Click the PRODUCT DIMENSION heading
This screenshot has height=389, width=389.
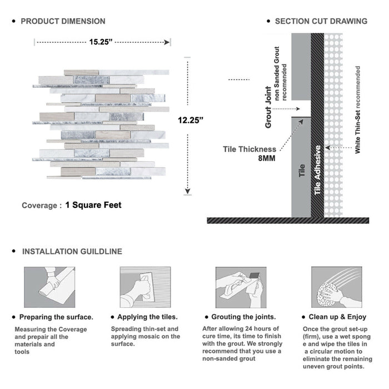63,21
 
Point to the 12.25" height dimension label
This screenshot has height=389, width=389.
191,119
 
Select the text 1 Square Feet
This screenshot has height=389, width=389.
93,205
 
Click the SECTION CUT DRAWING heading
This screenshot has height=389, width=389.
321,21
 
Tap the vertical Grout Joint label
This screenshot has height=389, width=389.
268,107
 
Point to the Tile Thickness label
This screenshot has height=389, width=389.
250,149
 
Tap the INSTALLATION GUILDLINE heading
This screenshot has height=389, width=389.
72,251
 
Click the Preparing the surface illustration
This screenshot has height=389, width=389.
49,287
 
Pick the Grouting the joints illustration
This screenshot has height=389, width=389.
240,287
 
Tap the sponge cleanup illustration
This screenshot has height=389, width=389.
335,287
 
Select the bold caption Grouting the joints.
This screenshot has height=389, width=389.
243,317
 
